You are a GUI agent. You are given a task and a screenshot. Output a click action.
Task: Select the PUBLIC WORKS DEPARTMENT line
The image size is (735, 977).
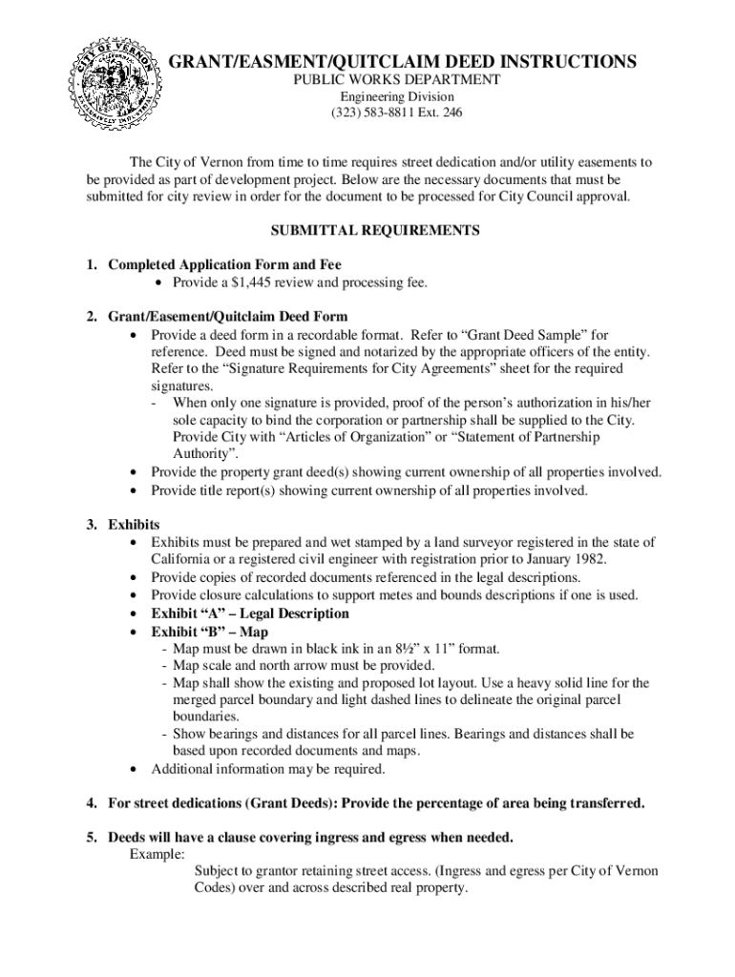point(395,80)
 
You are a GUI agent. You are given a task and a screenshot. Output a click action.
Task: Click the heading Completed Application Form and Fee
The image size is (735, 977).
point(224,264)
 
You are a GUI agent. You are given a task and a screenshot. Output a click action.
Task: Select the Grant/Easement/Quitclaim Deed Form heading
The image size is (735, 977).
point(228,316)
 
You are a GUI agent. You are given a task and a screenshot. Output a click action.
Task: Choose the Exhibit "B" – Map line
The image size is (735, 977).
point(209,632)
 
